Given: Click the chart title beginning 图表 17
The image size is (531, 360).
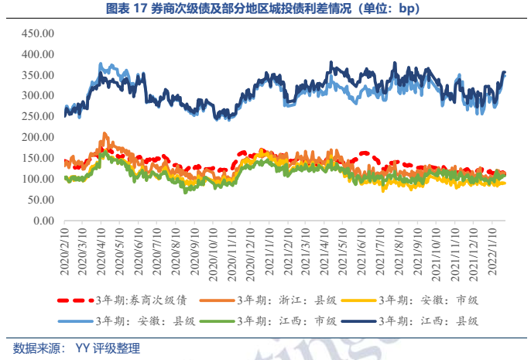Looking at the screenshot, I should (x=265, y=9).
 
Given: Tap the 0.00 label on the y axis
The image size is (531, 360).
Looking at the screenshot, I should (x=42, y=221).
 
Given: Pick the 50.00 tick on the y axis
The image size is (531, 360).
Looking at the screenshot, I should (x=39, y=200).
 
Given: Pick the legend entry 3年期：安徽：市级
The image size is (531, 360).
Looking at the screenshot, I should (x=438, y=300).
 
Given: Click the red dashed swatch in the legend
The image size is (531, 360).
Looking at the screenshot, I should (x=74, y=300).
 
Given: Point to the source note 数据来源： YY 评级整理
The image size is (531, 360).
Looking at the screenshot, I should (x=77, y=348).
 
